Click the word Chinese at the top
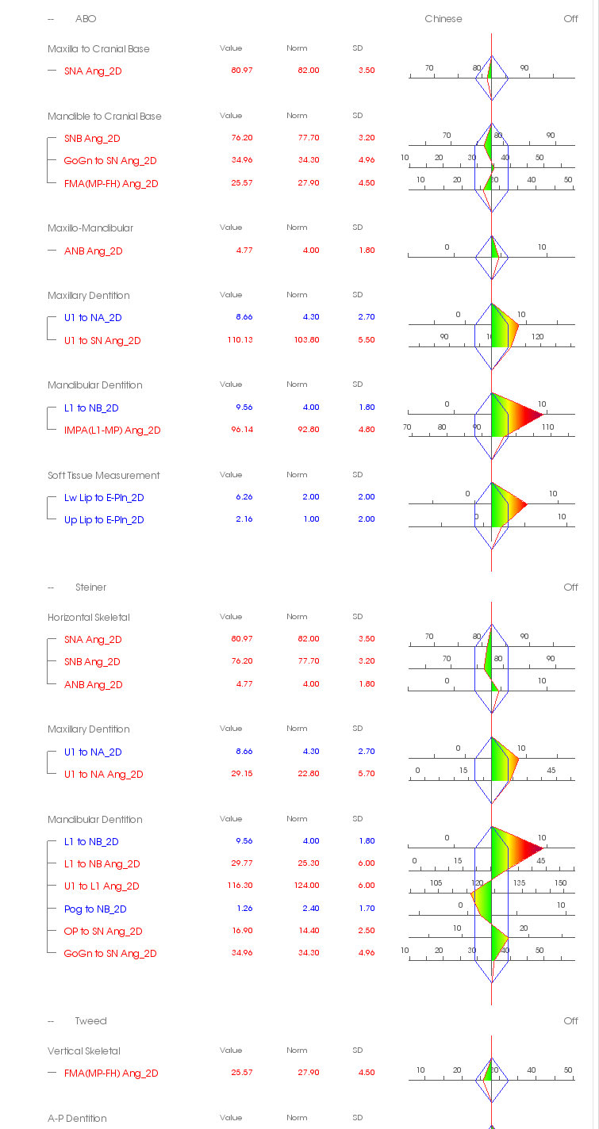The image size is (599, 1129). tap(443, 19)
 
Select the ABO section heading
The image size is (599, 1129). tap(86, 19)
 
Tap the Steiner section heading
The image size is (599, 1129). tap(90, 587)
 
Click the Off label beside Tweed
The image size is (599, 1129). tap(570, 1021)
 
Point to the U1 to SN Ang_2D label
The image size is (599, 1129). tap(102, 341)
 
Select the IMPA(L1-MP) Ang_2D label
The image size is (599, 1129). tap(112, 431)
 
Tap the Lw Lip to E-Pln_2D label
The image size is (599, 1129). tap(104, 498)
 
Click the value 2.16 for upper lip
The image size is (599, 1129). tap(243, 519)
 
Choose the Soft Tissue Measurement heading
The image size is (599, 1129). tap(103, 476)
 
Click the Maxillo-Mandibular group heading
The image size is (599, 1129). tap(90, 228)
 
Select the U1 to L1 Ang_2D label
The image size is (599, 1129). tap(102, 886)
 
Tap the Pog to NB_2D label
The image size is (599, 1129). tap(95, 909)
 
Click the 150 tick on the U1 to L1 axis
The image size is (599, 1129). tap(560, 883)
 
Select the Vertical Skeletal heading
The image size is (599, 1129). tap(83, 1051)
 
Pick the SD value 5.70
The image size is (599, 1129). tap(366, 774)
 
